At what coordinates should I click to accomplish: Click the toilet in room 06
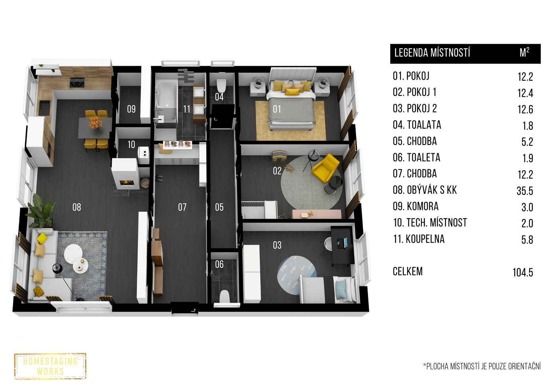coord(225,297)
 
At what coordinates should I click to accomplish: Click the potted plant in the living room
coord(42,211)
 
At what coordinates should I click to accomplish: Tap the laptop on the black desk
coord(342,242)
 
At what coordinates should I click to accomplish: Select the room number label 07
coord(182,207)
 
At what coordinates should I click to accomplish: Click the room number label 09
coord(131,109)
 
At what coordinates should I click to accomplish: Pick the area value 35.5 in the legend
coord(525,191)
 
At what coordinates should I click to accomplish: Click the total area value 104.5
coord(523,272)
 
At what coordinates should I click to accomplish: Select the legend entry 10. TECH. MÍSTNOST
coord(430,223)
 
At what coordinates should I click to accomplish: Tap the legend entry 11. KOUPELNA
coord(419,239)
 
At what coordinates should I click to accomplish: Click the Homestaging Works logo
coord(50,366)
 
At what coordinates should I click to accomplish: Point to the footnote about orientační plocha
coord(482,366)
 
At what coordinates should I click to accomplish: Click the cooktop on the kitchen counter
coord(77,82)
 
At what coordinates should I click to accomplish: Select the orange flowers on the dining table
coord(95,122)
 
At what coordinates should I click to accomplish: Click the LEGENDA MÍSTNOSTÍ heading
coord(432,53)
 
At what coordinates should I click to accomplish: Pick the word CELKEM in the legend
coord(408,272)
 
